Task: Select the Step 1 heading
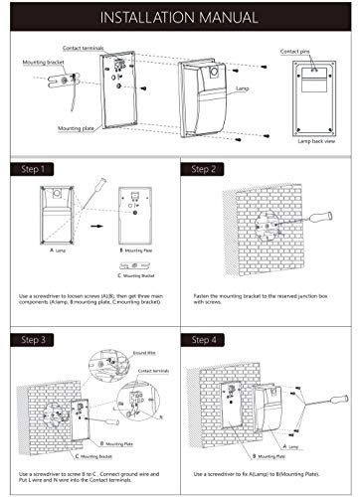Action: point(31,170)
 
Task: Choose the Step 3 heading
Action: point(31,340)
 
